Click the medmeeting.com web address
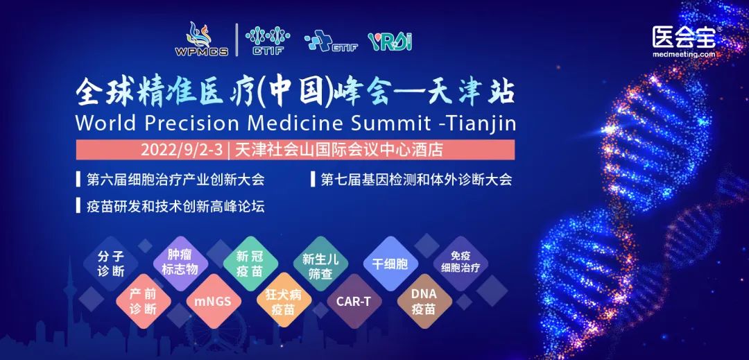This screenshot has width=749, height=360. pyautogui.click(x=683, y=54)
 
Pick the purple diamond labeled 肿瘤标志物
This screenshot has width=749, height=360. pyautogui.click(x=180, y=261)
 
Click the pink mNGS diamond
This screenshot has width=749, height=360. pyautogui.click(x=212, y=302)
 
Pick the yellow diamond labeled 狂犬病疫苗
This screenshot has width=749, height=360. pyautogui.click(x=284, y=302)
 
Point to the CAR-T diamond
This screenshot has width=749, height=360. pyautogui.click(x=354, y=302)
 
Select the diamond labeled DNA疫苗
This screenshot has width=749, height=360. pyautogui.click(x=423, y=301)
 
